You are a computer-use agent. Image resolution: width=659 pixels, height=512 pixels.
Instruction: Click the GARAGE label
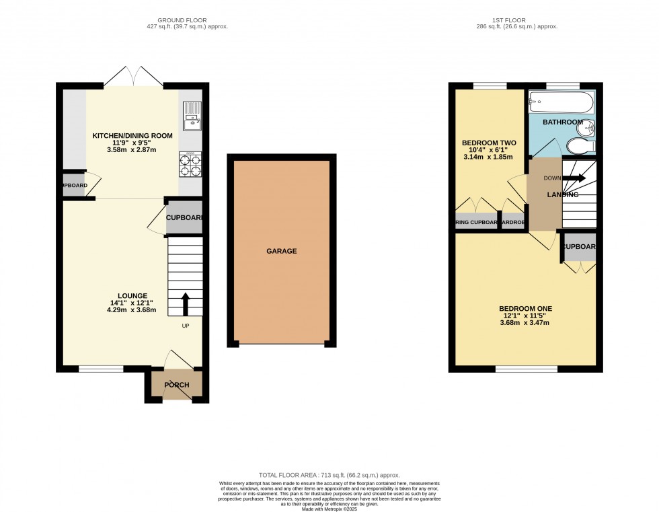[x=281, y=251]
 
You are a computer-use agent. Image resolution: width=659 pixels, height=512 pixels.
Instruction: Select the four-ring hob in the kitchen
[x=191, y=163]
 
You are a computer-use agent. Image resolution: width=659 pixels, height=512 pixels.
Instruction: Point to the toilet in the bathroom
[x=580, y=146]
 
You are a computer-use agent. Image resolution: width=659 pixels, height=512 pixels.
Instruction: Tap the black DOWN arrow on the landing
[x=574, y=178]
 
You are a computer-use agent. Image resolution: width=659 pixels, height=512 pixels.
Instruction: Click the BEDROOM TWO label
[x=489, y=143]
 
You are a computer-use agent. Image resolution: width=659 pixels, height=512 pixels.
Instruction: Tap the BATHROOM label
[x=563, y=122]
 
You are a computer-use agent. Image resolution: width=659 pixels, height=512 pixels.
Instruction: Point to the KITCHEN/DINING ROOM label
[x=132, y=136]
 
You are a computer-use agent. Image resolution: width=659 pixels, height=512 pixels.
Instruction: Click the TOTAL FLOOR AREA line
[x=329, y=475]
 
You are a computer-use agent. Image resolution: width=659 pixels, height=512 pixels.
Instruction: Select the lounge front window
[x=101, y=369]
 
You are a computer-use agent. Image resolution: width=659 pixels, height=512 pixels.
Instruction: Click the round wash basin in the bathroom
[x=587, y=128]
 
